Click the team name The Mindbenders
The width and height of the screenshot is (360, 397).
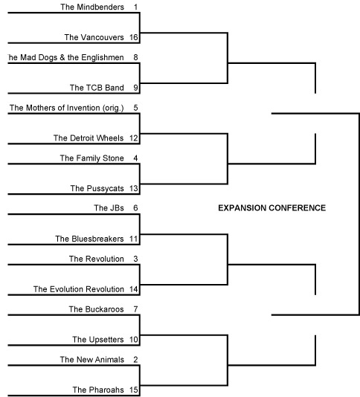(x=92, y=7)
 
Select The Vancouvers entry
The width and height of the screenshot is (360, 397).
(x=94, y=37)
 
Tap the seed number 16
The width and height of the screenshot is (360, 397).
(x=133, y=37)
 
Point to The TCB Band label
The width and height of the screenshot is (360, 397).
(x=97, y=88)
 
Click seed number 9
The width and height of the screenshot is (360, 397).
(x=135, y=88)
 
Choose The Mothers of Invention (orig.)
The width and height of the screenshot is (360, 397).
(x=67, y=108)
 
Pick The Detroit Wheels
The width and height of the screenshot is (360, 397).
(x=89, y=138)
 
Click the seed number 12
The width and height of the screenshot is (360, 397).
(x=133, y=138)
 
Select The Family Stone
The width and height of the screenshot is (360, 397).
(x=92, y=158)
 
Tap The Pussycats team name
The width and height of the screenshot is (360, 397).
(x=97, y=188)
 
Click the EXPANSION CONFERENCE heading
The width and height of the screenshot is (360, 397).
(x=271, y=208)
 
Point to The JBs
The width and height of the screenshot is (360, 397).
(x=109, y=208)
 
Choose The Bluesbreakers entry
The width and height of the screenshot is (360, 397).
(x=89, y=239)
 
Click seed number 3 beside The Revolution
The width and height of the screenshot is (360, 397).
(x=135, y=259)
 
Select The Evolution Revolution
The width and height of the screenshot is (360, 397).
(x=79, y=289)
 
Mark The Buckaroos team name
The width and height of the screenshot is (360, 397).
(x=96, y=309)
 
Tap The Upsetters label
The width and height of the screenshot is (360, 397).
(x=98, y=340)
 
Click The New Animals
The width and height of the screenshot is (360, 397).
(x=92, y=360)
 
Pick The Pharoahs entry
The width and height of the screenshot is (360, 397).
(x=98, y=390)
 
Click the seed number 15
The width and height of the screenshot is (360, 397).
(x=133, y=390)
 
